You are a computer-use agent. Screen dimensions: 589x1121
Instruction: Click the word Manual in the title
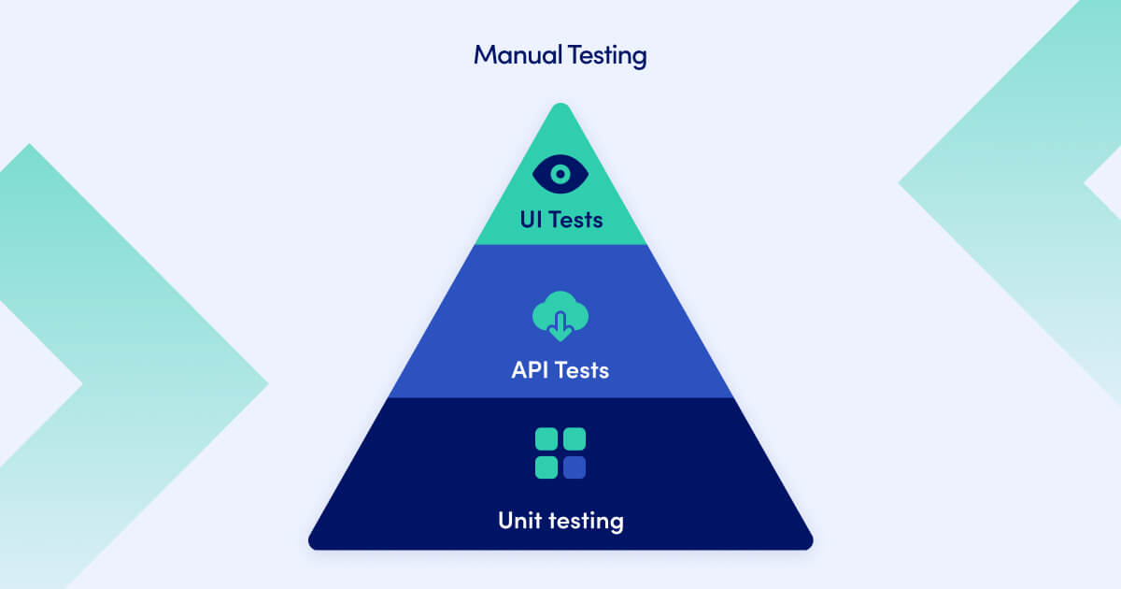pos(517,55)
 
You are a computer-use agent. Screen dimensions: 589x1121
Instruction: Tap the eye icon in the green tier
pos(560,174)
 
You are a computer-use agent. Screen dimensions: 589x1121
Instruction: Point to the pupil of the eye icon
pos(560,174)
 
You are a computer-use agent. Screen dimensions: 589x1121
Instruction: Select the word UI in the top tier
pos(532,221)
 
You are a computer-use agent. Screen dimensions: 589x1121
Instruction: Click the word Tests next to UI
pos(575,221)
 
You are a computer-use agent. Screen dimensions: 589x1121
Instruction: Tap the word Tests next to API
pos(582,370)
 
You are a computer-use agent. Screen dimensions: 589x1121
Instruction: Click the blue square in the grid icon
pos(575,467)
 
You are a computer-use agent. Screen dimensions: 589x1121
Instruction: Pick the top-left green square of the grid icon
pos(546,439)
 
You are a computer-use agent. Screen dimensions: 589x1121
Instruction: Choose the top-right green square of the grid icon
pos(575,439)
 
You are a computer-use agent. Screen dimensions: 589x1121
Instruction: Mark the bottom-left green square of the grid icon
pos(546,467)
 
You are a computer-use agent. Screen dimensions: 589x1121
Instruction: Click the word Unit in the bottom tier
pos(518,520)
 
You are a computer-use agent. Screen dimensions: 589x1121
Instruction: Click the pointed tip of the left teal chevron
pos(265,383)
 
